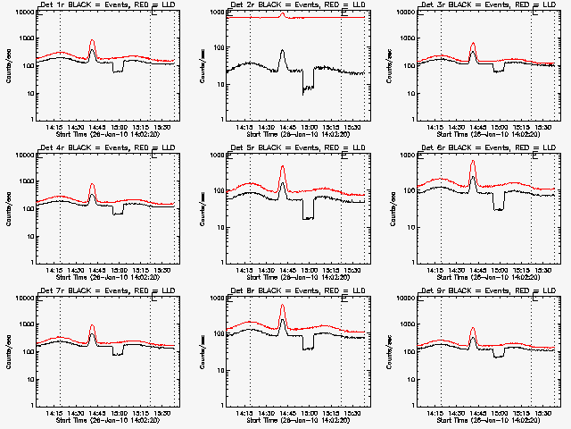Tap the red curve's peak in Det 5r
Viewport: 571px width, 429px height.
[283, 167]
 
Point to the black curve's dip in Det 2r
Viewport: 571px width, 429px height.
[309, 88]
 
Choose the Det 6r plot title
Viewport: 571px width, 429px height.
[478, 148]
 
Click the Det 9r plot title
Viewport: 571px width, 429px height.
[478, 291]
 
